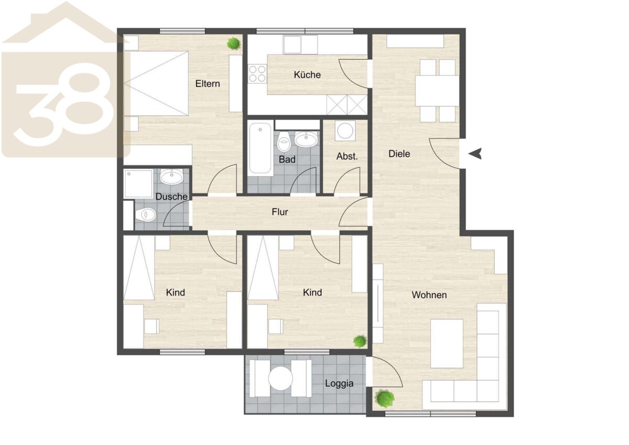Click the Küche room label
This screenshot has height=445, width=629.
(307, 74)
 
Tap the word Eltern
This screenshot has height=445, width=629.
(208, 84)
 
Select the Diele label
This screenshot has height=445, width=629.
(399, 154)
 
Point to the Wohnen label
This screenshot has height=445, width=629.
(429, 295)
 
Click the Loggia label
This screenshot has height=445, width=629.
(339, 383)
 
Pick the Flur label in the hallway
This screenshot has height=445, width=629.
(280, 212)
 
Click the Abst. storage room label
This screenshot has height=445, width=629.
(347, 156)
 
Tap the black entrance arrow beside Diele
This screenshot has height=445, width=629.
(475, 154)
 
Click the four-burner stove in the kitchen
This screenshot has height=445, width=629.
(257, 73)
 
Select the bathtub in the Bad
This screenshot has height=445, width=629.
(261, 148)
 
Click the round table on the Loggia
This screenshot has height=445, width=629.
(280, 378)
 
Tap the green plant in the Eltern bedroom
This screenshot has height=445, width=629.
(234, 44)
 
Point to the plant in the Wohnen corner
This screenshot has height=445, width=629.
(385, 398)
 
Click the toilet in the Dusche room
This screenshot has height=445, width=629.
(145, 215)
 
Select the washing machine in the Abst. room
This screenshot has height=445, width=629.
(345, 131)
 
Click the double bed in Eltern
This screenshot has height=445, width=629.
(156, 83)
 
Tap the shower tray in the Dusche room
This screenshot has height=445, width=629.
(138, 183)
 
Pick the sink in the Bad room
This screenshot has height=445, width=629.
(306, 139)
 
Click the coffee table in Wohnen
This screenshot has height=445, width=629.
(447, 343)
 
